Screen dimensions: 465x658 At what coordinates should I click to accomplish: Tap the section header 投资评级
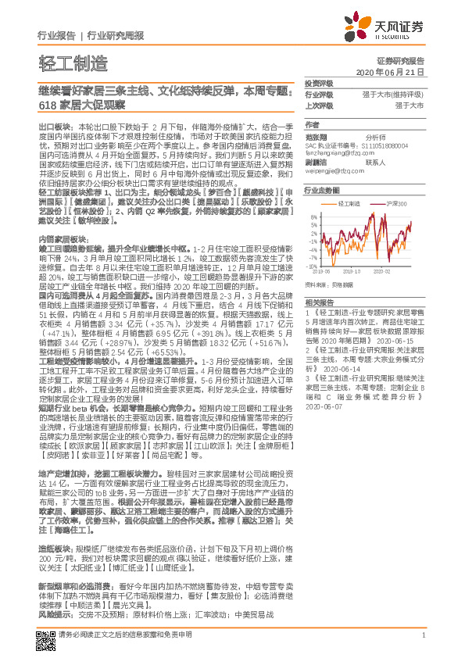(319, 83)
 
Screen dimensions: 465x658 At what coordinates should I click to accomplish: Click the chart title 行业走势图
(322, 190)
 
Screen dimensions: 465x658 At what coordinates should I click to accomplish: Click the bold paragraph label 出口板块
(54, 125)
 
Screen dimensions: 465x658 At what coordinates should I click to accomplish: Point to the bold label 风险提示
(55, 615)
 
